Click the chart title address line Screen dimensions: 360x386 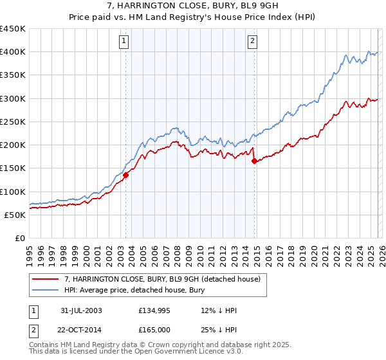[193, 6]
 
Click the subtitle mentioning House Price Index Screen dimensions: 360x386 [193, 17]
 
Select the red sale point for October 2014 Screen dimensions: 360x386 [254, 161]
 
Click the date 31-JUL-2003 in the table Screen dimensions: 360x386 [81, 310]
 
